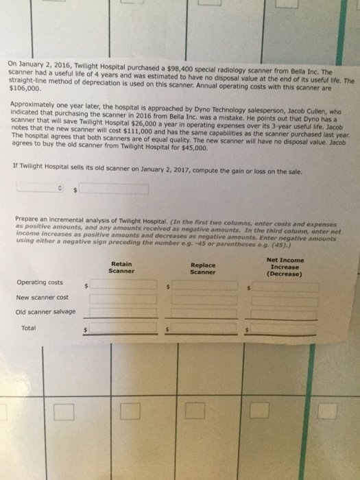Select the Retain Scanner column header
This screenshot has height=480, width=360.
[121, 267]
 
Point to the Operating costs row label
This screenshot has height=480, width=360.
[39, 282]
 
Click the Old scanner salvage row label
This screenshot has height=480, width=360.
[45, 311]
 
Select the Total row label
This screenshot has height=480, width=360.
[29, 328]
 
